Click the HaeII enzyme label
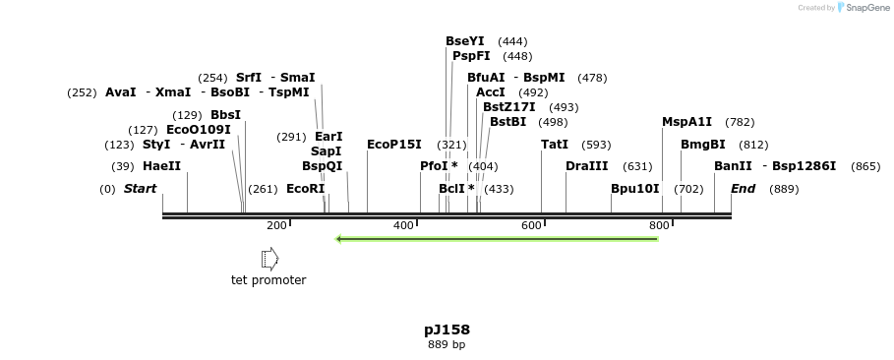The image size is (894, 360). point(161,166)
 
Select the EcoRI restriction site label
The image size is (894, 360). point(305,189)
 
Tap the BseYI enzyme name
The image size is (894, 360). point(465,41)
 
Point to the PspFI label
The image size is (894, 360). point(471,56)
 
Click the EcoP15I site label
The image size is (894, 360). point(393,145)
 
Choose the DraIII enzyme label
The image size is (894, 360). point(586,166)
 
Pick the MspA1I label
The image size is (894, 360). point(686,122)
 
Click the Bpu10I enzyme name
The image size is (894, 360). point(634,189)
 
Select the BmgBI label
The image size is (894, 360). point(702,145)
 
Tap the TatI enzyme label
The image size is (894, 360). point(555,145)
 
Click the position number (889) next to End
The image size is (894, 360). point(784,189)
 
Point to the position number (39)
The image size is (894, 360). point(123,166)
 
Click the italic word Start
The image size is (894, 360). point(140,189)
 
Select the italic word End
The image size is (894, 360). point(743,189)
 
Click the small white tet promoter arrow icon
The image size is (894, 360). point(269,259)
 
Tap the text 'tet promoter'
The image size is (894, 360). point(268,280)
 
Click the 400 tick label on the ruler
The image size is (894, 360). point(404,225)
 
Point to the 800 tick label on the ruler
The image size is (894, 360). point(660,225)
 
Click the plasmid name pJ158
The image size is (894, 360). point(447,330)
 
